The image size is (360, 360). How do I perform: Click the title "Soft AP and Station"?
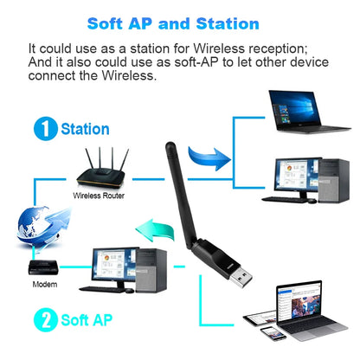click(173, 23)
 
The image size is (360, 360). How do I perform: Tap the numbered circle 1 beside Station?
click(46, 129)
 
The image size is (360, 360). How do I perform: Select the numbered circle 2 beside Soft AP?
click(46, 319)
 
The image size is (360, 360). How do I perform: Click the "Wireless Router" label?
click(99, 196)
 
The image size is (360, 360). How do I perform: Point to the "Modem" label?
click(45, 285)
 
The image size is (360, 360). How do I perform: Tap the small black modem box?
click(43, 267)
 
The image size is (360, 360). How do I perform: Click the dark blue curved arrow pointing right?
click(209, 158)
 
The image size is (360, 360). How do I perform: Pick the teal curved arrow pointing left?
click(155, 230)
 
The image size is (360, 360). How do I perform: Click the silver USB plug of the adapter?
click(241, 278)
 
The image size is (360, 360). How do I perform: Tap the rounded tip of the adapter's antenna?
click(170, 145)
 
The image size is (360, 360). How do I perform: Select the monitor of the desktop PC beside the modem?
click(114, 267)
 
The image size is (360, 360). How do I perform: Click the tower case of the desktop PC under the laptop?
click(334, 180)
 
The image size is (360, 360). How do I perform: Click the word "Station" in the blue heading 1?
click(85, 129)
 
